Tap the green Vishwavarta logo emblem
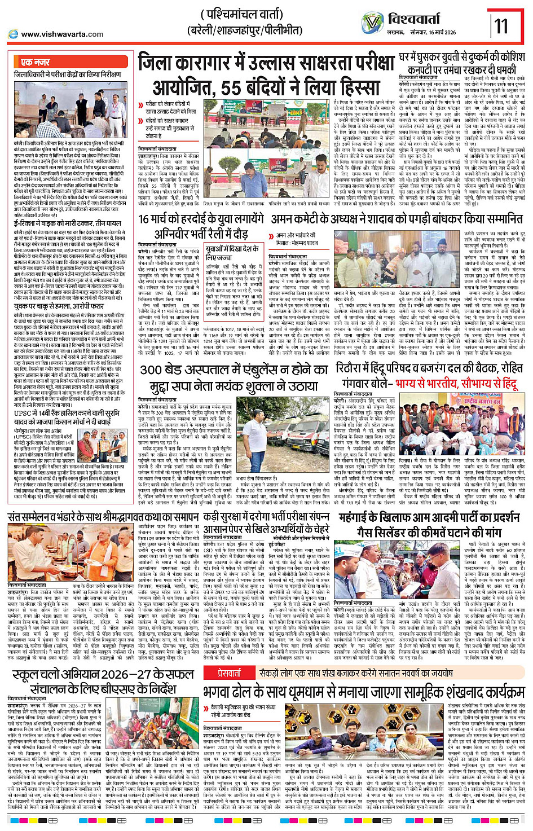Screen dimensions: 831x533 372,23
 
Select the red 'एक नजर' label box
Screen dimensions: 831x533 35,61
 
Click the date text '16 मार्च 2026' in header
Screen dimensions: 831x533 439,33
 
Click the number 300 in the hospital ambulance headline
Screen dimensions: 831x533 152,370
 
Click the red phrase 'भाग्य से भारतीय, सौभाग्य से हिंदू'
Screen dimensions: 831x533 456,384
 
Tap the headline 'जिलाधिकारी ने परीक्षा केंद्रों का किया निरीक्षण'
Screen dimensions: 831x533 68,74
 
